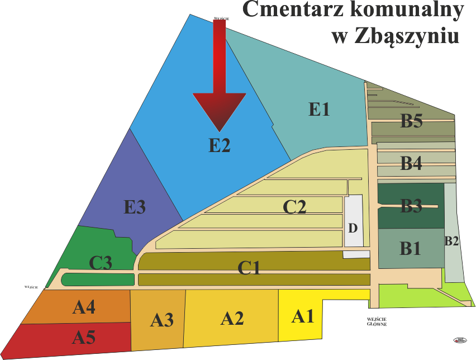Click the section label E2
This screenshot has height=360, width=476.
(220, 145)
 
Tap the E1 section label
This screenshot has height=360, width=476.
(319, 109)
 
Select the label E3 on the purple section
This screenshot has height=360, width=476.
(135, 207)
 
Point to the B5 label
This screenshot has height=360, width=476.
(411, 121)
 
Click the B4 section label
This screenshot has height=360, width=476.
(411, 164)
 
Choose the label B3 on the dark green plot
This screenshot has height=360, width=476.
(411, 206)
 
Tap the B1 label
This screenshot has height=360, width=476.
(411, 248)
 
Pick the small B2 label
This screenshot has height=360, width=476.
(452, 241)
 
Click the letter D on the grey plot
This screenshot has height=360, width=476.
(353, 228)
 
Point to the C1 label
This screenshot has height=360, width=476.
(249, 268)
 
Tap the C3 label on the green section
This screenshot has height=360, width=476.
(101, 263)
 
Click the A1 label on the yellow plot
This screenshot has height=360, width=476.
(303, 317)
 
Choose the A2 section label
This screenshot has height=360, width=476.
(232, 319)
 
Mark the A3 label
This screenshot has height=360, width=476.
(162, 320)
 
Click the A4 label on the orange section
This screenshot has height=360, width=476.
(84, 307)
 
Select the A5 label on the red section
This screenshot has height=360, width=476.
(84, 337)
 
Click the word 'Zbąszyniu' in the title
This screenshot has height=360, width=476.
(395, 36)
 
